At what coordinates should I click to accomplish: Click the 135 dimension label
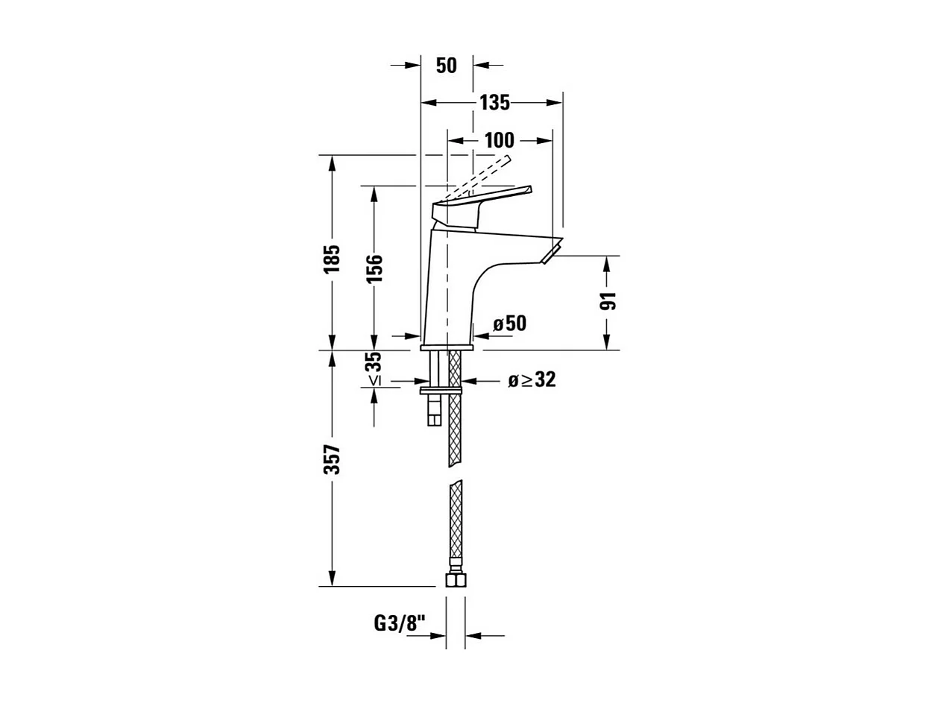(494, 103)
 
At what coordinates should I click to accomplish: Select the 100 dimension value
(499, 140)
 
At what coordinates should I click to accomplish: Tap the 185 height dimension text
(332, 258)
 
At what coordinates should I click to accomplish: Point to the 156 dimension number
(374, 268)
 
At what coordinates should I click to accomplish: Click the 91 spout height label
(609, 300)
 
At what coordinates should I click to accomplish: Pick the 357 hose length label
(332, 459)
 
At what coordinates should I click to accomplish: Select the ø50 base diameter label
(510, 324)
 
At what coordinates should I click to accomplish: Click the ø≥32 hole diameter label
(532, 380)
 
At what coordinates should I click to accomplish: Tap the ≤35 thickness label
(374, 369)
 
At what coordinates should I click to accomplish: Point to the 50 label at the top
(446, 66)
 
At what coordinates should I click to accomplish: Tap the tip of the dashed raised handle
(507, 159)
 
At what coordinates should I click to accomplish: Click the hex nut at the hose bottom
(455, 579)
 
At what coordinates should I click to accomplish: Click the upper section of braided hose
(455, 425)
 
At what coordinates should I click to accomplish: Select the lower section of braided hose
(455, 522)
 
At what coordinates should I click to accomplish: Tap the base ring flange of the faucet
(447, 347)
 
